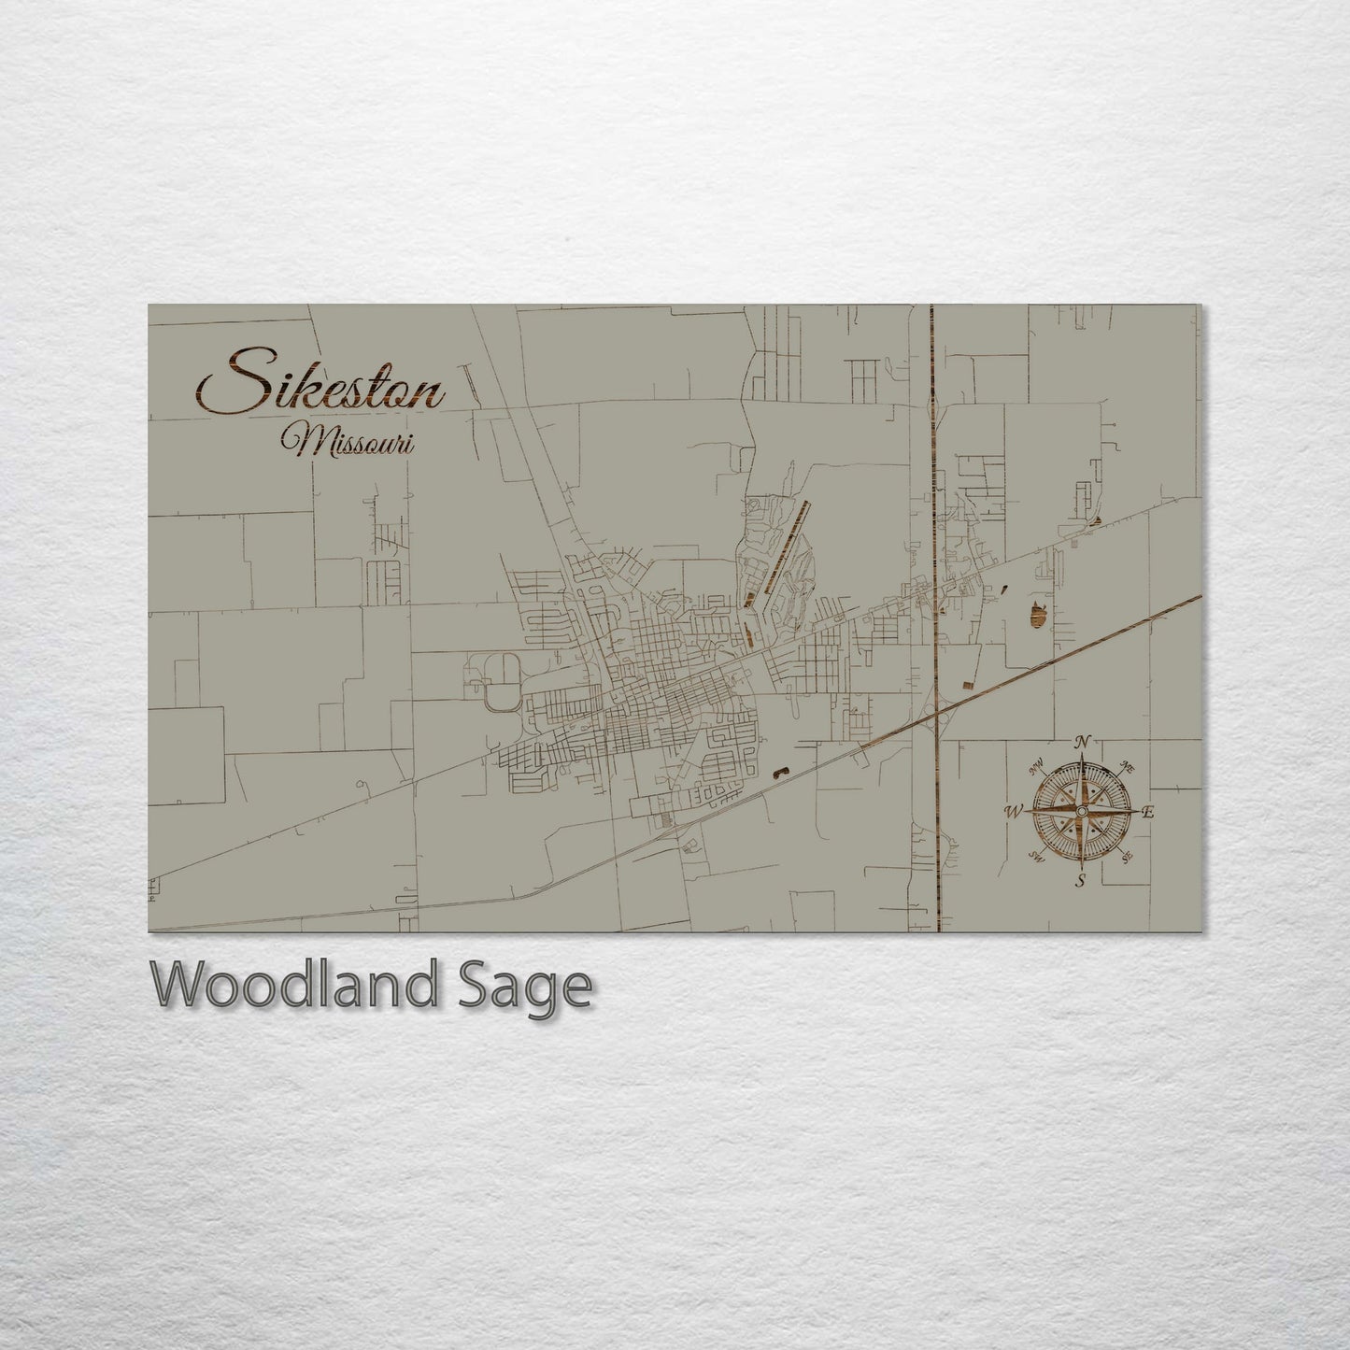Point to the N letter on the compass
tap(1082, 742)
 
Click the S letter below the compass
tap(1081, 881)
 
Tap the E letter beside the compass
tap(1149, 812)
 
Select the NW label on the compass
tap(1036, 769)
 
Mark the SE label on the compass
tap(1128, 856)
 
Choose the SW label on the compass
tap(1036, 856)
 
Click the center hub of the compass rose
tap(1081, 811)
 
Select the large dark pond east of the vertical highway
tap(1037, 614)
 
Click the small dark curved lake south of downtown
tap(779, 772)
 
